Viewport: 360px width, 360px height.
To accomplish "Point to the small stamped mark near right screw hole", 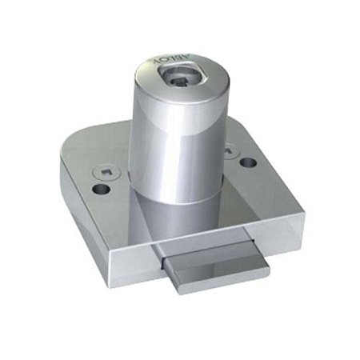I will pyautogui.click(x=230, y=148).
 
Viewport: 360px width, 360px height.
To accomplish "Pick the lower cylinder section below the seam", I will pyautogui.click(x=184, y=212).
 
